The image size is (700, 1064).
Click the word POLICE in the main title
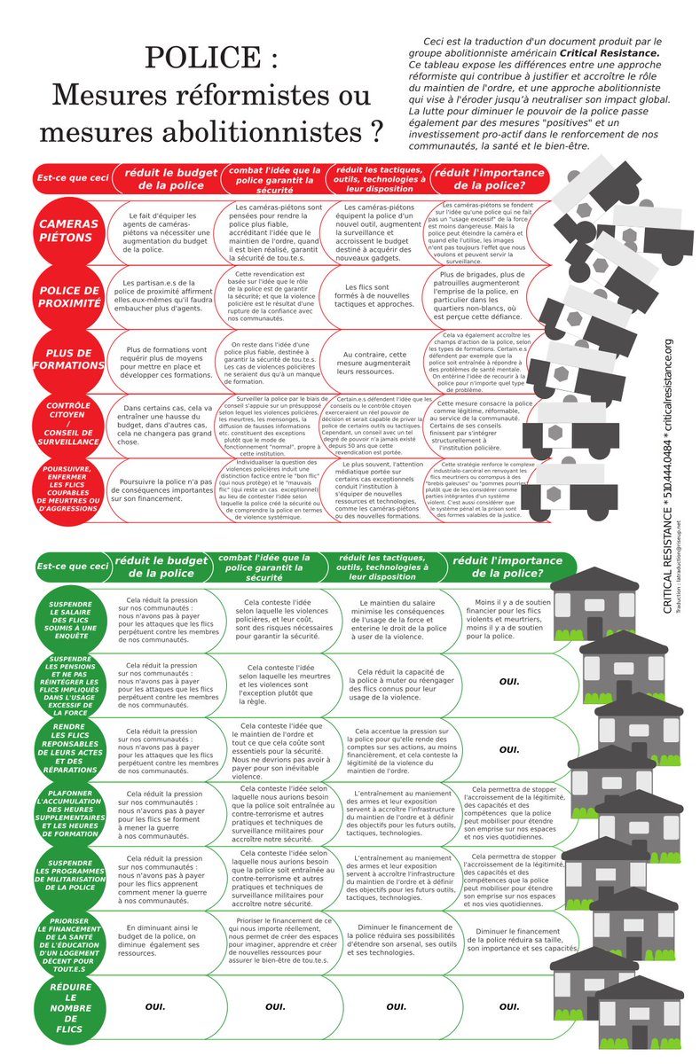click(211, 59)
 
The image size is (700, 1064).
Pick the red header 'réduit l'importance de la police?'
click(488, 179)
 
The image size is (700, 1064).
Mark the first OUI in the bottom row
click(156, 1007)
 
